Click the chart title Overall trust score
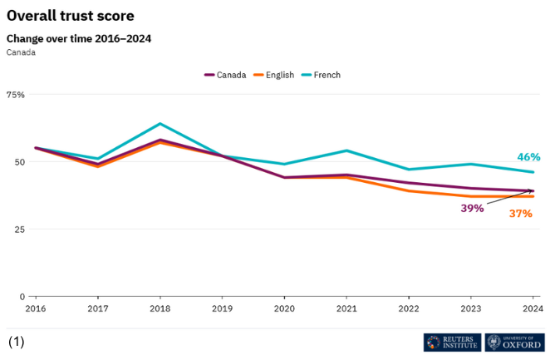tap(70, 16)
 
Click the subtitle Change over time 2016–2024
tap(79, 38)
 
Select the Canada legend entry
tap(225, 75)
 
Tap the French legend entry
tap(321, 75)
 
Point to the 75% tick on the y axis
tap(16, 95)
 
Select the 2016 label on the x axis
tap(35, 308)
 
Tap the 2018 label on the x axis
tap(160, 308)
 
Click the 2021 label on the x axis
tap(346, 308)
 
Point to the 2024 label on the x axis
tap(533, 308)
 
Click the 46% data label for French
tap(528, 156)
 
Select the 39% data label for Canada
tap(472, 208)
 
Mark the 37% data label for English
tap(521, 214)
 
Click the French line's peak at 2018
tap(160, 124)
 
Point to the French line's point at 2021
tap(346, 150)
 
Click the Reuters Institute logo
tap(452, 342)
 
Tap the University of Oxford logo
tap(514, 342)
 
